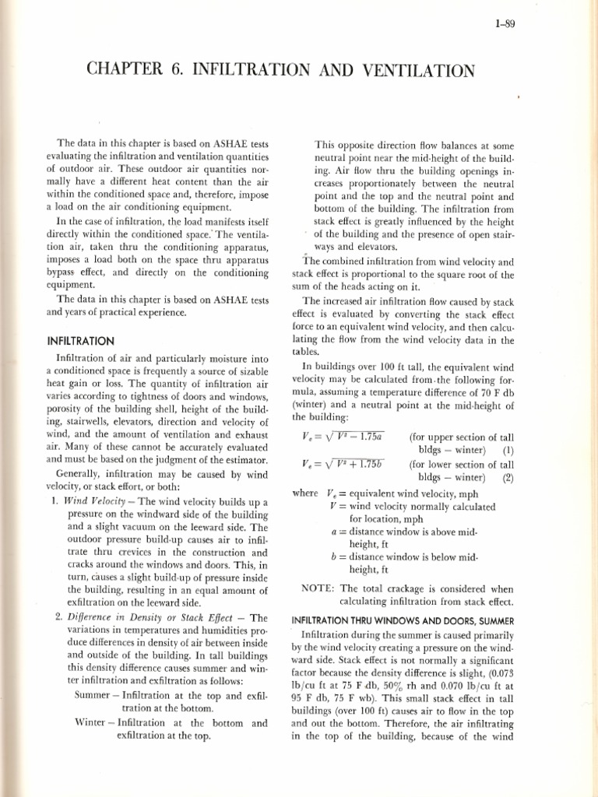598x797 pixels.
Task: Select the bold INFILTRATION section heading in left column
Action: pos(81,341)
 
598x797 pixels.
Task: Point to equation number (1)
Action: pos(508,451)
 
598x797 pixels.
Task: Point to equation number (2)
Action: pos(508,479)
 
